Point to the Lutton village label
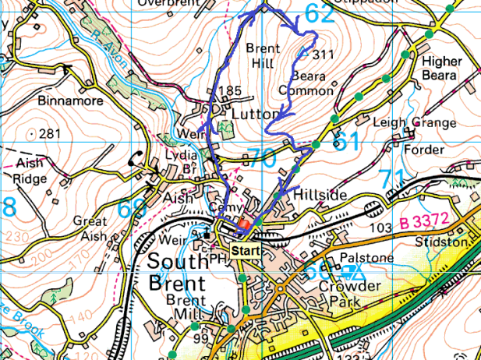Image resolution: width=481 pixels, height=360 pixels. (255, 114)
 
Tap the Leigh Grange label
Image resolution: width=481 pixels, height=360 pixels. (414, 123)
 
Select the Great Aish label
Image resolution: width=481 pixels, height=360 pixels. (90, 228)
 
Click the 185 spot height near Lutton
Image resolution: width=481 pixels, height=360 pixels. (230, 92)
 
